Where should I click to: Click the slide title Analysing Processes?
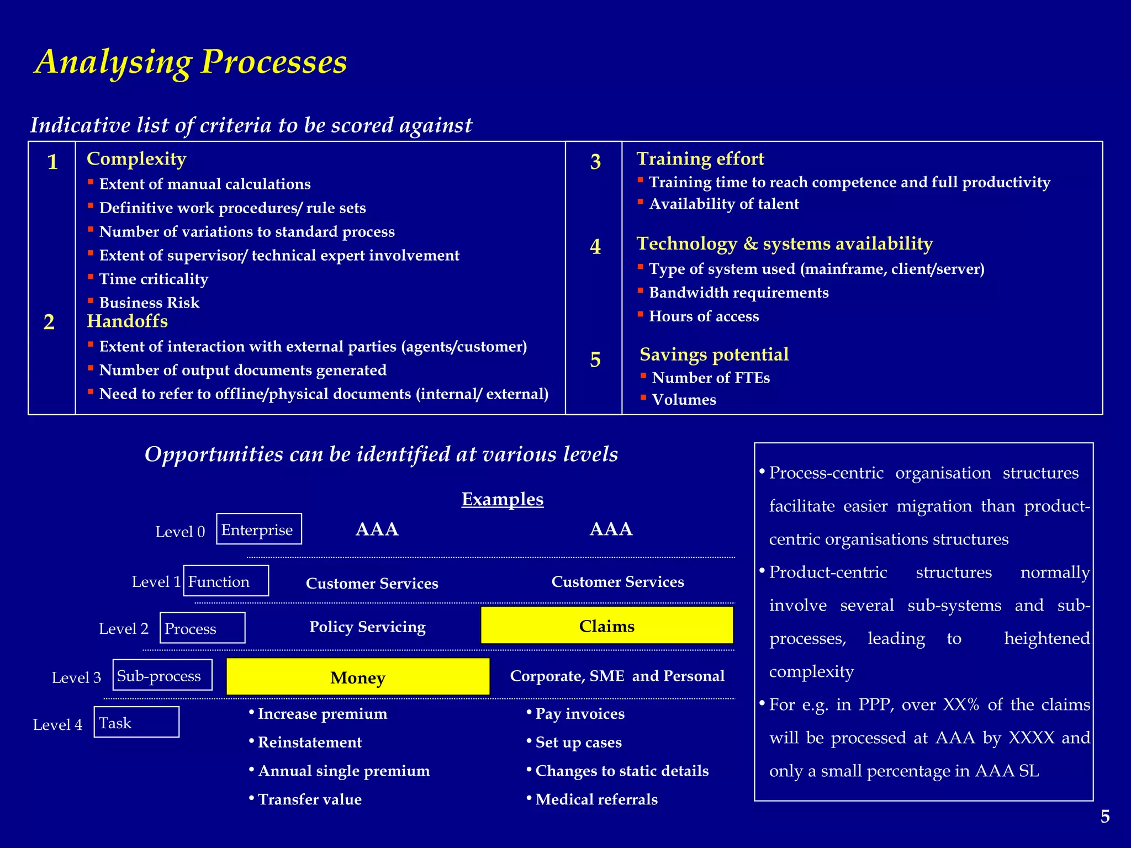[x=191, y=62]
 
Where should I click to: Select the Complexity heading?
[x=136, y=159]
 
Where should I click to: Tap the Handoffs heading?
[x=127, y=321]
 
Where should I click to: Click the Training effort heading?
[x=700, y=159]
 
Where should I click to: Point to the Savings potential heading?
[x=714, y=354]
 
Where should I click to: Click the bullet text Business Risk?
[x=149, y=303]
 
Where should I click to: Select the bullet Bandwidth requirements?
[x=738, y=293]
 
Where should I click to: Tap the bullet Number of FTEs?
[x=710, y=378]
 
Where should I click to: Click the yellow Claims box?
[x=606, y=626]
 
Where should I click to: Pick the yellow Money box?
[x=358, y=677]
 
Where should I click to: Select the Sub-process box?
[x=162, y=675]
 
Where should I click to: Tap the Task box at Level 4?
[x=136, y=722]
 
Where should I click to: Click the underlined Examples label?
[x=502, y=499]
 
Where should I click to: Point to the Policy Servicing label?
[x=367, y=627]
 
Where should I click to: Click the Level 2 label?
[x=124, y=629]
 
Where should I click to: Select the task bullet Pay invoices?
[x=579, y=714]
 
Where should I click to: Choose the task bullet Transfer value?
[x=309, y=799]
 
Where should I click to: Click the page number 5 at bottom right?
[x=1104, y=817]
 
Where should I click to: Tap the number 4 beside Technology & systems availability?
[x=595, y=246]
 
